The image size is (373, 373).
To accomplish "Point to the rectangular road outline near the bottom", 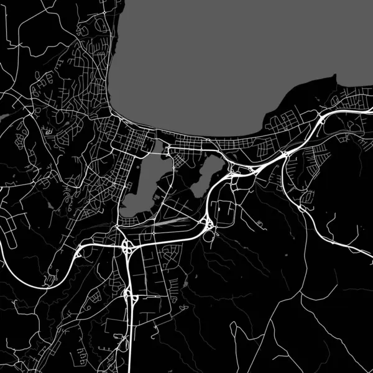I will click(115, 329).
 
